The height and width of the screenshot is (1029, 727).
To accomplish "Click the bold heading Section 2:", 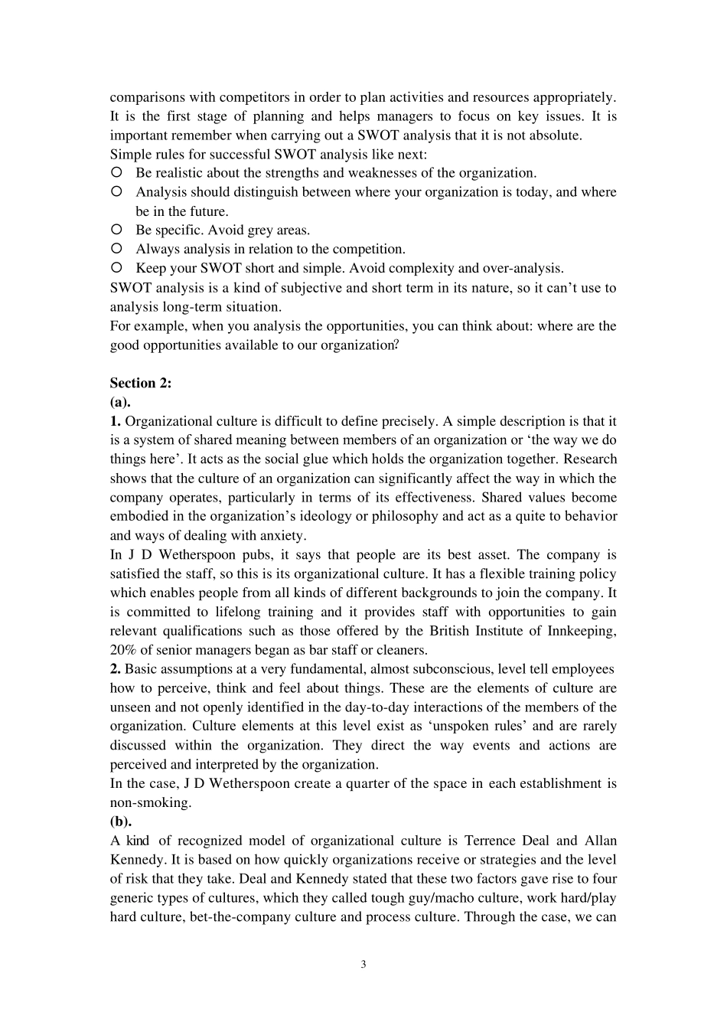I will pyautogui.click(x=141, y=384).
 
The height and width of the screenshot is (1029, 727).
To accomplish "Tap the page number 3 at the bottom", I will pyautogui.click(x=363, y=964).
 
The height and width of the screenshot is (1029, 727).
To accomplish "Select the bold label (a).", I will pyautogui.click(x=120, y=403).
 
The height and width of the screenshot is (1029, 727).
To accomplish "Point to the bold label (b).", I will pyautogui.click(x=121, y=822).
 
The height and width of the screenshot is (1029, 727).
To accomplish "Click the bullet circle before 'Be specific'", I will pyautogui.click(x=117, y=230).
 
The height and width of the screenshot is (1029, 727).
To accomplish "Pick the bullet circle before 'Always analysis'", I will pyautogui.click(x=117, y=249).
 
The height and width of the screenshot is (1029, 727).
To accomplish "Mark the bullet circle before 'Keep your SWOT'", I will pyautogui.click(x=117, y=268).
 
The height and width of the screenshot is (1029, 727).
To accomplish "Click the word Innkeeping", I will pyautogui.click(x=582, y=631).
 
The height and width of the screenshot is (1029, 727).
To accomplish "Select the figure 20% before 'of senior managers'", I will pyautogui.click(x=123, y=650).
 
